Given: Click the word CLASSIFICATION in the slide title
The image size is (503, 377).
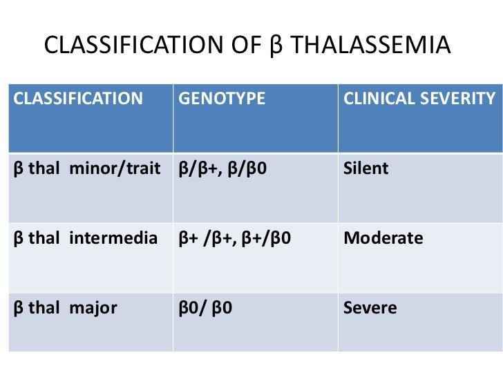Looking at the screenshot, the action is (134, 45).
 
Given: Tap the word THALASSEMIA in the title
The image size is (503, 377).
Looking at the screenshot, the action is (371, 45).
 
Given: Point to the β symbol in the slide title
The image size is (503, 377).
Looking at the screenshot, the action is (276, 46).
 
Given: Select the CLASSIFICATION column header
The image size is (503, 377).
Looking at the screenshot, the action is (78, 98).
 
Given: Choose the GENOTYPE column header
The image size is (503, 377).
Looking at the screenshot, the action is (222, 98).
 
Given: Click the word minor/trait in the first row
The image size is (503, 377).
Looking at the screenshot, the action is (115, 168).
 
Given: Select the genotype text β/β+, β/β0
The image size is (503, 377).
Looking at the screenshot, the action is (222, 169).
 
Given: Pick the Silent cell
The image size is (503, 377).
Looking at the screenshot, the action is (366, 168).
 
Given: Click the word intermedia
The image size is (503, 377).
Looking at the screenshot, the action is (113, 238).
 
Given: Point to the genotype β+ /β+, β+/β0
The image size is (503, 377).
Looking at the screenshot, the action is (234, 239).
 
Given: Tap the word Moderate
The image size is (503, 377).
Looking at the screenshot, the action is (383, 238).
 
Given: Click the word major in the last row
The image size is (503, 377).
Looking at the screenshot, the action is (93, 309).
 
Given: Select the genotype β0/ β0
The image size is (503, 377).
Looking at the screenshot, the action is (205, 309).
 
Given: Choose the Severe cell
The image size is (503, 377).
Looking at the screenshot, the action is (370, 308).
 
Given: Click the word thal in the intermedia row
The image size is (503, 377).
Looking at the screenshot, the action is (44, 238).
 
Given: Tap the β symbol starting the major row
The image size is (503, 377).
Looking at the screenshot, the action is (18, 309).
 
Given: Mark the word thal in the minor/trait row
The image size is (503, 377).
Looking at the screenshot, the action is (44, 168).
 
